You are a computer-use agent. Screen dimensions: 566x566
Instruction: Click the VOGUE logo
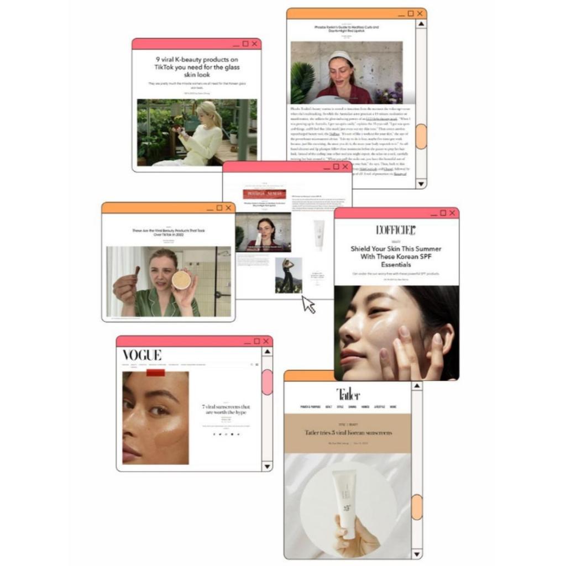(142, 355)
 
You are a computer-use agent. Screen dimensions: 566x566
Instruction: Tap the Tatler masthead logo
(348, 394)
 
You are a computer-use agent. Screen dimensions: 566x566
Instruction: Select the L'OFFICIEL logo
(396, 230)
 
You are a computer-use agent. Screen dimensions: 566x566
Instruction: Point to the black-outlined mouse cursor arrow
(308, 305)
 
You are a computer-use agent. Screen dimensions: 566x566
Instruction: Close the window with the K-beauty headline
(254, 44)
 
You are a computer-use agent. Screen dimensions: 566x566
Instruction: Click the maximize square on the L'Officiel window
(442, 213)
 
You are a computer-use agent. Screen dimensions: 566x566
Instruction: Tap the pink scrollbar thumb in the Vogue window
(267, 382)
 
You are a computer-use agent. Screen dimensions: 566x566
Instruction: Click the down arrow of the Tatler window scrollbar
(417, 553)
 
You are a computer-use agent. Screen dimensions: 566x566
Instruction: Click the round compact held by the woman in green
(181, 280)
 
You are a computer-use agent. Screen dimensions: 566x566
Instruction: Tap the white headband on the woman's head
(340, 56)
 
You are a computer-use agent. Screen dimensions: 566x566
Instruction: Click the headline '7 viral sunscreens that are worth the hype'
(226, 410)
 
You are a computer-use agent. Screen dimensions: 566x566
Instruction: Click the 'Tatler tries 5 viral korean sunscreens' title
(348, 432)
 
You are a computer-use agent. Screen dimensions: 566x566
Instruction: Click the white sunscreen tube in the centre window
(319, 234)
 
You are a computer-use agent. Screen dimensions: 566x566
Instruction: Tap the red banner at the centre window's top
(264, 193)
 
